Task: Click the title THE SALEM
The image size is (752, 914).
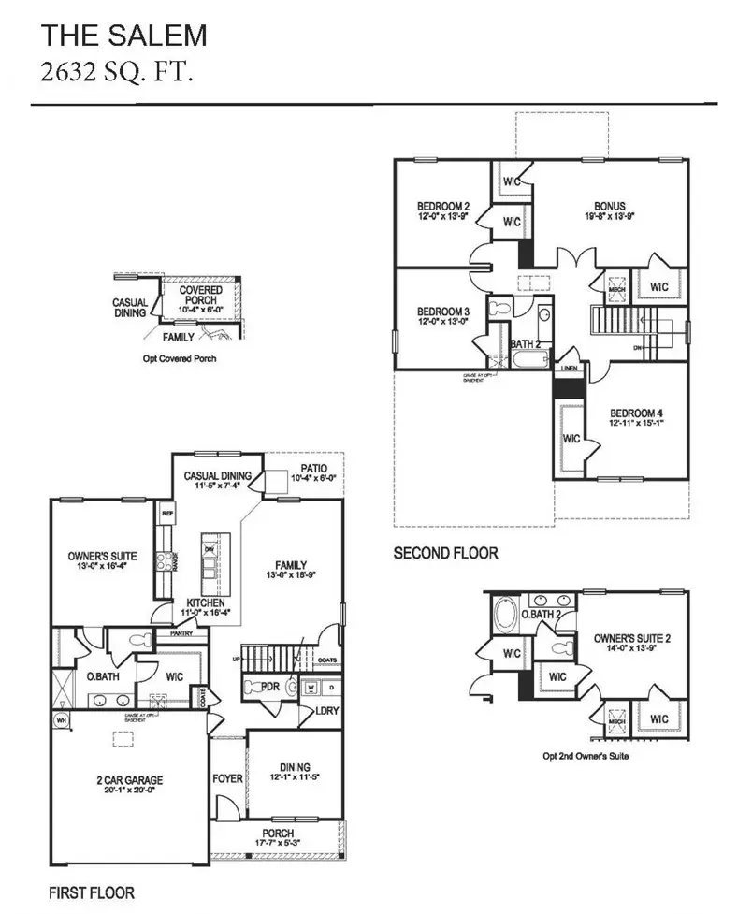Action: [x=123, y=36]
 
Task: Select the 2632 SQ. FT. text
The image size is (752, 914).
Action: [x=117, y=73]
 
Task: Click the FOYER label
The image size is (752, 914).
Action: [x=227, y=778]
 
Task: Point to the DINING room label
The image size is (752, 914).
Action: [x=294, y=767]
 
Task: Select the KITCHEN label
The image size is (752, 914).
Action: [x=207, y=602]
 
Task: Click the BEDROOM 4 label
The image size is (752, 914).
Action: [x=637, y=413]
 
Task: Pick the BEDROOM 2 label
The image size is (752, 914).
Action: [x=442, y=207]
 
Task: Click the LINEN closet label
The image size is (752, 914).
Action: [x=570, y=369]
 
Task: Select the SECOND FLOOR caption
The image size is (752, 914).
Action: [x=445, y=554]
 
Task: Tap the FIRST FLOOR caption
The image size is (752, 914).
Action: [x=92, y=892]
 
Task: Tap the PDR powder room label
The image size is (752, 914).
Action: [x=270, y=686]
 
